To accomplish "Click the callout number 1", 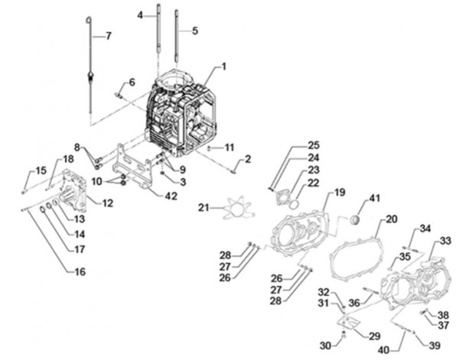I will pos(224,67).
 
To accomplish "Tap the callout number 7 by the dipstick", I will pos(108,36).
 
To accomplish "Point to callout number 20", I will pos(392,219).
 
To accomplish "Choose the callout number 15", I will pos(21,170).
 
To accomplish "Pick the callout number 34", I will pos(425,228).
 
